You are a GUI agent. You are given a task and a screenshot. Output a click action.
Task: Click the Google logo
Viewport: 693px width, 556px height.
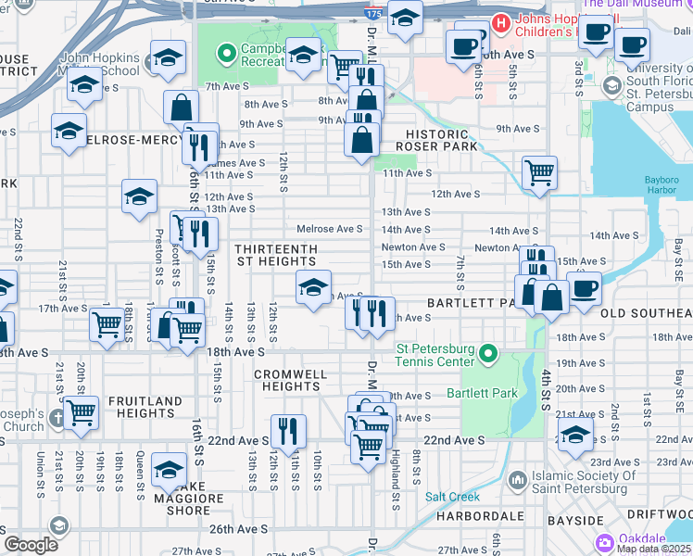[31, 544]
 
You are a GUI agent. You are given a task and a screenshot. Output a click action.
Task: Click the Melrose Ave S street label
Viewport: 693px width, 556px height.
[329, 229]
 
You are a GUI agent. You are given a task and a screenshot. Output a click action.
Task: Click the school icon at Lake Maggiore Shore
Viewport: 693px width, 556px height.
[169, 468]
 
